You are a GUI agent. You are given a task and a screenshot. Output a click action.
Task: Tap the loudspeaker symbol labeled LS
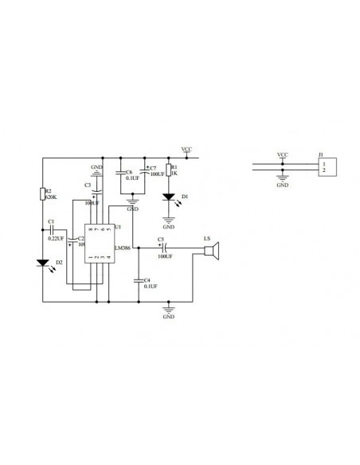point(211,252)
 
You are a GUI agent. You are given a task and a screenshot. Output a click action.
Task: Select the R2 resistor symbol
point(43,194)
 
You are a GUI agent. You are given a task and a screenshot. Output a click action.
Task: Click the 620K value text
point(50,198)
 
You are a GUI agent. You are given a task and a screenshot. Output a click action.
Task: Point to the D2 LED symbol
point(43,262)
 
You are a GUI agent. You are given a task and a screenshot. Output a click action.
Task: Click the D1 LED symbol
point(168,197)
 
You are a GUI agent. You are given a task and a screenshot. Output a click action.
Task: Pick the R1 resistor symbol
point(168,170)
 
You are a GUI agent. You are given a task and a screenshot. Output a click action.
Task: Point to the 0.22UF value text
point(57,238)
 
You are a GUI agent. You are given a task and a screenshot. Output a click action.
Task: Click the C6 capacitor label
point(129,170)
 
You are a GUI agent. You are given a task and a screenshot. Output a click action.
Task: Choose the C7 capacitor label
point(154,169)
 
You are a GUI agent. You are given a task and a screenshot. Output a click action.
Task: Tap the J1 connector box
point(325,166)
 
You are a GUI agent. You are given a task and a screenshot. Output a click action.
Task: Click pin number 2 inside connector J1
point(323,170)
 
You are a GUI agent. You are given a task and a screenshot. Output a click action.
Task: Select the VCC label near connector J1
point(282,154)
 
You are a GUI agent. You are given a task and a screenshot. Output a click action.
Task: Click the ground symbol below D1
point(168,216)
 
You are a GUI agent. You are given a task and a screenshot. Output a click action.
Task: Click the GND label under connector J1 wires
point(282,185)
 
